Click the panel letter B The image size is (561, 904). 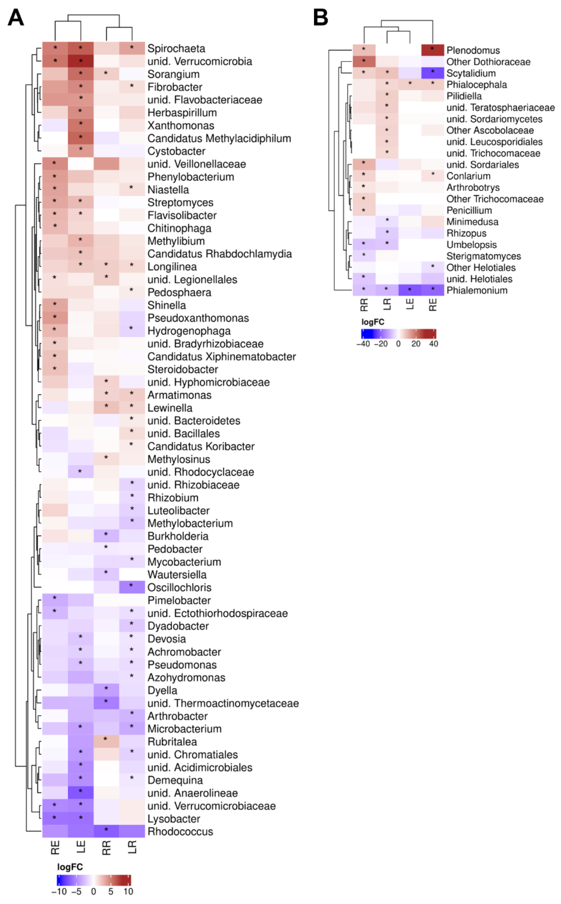321,17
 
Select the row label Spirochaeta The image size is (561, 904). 176,49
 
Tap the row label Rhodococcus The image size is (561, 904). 180,832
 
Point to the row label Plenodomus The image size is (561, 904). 473,50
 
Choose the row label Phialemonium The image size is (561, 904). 477,291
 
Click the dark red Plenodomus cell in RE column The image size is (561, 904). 433,50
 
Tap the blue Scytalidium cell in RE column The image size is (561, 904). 433,73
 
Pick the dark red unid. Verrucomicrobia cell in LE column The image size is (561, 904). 80,61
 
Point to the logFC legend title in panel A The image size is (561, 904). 70,867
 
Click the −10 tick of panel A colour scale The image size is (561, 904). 59,891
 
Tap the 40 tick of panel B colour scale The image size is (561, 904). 433,344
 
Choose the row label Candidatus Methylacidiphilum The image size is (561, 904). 219,138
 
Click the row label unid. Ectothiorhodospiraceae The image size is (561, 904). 217,613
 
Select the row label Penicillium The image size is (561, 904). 469,210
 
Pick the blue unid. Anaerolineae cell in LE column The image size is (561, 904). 80,793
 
